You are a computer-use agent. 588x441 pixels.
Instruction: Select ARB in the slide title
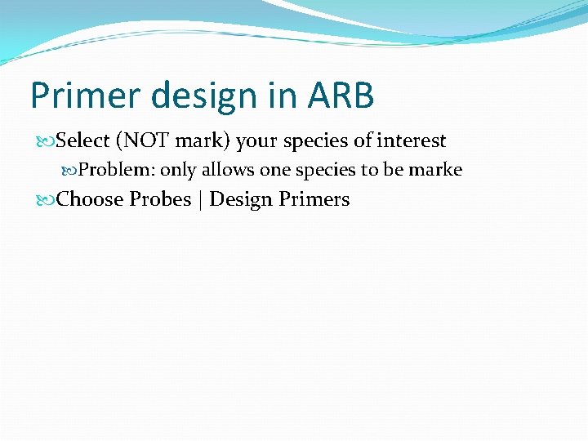coord(341,96)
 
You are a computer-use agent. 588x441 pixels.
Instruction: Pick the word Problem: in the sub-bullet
coord(117,170)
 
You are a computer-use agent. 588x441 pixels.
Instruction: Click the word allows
coord(228,170)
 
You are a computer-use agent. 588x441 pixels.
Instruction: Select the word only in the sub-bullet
coord(179,170)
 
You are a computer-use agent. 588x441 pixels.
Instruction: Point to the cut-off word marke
coord(440,170)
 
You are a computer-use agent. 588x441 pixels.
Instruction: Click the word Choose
coord(90,199)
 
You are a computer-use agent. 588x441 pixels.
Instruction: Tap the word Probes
coord(160,199)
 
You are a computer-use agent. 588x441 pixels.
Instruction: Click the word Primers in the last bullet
coord(314,199)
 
